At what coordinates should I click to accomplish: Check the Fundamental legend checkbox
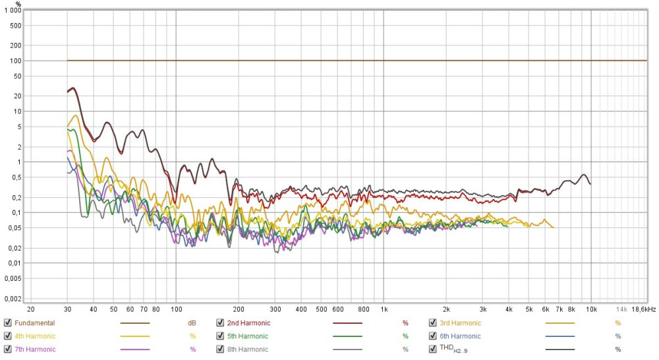(x=7, y=323)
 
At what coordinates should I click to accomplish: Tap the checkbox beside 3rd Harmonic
(x=433, y=323)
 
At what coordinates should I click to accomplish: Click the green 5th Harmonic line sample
(x=347, y=336)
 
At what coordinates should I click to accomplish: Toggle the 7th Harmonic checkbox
(x=7, y=349)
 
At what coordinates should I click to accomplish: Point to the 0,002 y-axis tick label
(x=13, y=299)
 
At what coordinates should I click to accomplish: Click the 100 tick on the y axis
(x=16, y=61)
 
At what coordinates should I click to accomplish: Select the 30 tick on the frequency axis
(x=67, y=309)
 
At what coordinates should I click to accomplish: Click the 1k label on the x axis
(x=384, y=309)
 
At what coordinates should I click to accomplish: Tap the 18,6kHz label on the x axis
(x=644, y=309)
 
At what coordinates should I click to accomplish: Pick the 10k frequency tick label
(x=591, y=309)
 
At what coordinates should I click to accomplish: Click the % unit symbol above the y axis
(x=18, y=3)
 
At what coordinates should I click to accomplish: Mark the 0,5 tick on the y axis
(x=16, y=177)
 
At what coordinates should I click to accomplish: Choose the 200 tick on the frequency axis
(x=239, y=309)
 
